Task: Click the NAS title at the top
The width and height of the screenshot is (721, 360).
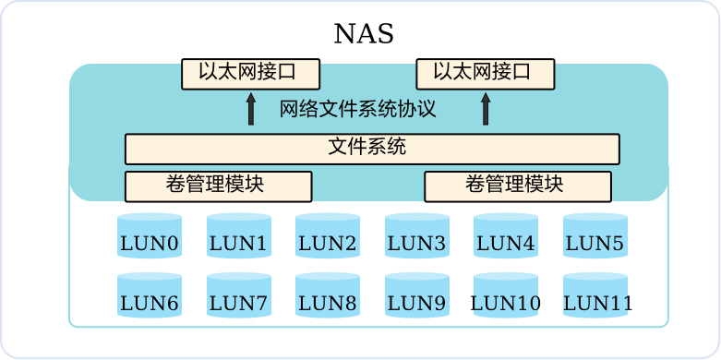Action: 364,34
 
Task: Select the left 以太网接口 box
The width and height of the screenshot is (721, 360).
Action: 250,74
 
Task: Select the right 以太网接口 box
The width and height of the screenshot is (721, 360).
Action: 486,74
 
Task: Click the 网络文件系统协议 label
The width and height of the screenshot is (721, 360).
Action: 358,110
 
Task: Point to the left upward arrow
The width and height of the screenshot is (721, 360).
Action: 250,110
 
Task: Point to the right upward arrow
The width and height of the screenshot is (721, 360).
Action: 486,110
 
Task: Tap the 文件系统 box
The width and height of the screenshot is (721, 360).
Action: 372,149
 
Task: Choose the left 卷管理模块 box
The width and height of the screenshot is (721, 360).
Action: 219,186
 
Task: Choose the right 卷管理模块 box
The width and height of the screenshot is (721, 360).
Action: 518,186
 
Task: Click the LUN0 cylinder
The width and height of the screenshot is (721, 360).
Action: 150,235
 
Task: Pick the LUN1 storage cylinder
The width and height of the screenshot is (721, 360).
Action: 239,235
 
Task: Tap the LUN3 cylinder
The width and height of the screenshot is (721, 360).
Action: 417,235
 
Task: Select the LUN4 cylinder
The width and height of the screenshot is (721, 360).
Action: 506,235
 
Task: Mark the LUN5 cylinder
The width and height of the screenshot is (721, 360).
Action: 595,235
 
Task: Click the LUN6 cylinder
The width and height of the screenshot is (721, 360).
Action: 150,294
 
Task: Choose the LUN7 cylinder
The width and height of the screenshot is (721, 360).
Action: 239,294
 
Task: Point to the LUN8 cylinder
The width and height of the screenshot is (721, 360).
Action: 328,294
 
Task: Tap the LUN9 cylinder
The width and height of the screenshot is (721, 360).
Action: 417,294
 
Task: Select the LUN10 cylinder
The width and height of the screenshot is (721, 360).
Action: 506,294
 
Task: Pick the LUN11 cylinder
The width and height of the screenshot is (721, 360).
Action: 595,294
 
